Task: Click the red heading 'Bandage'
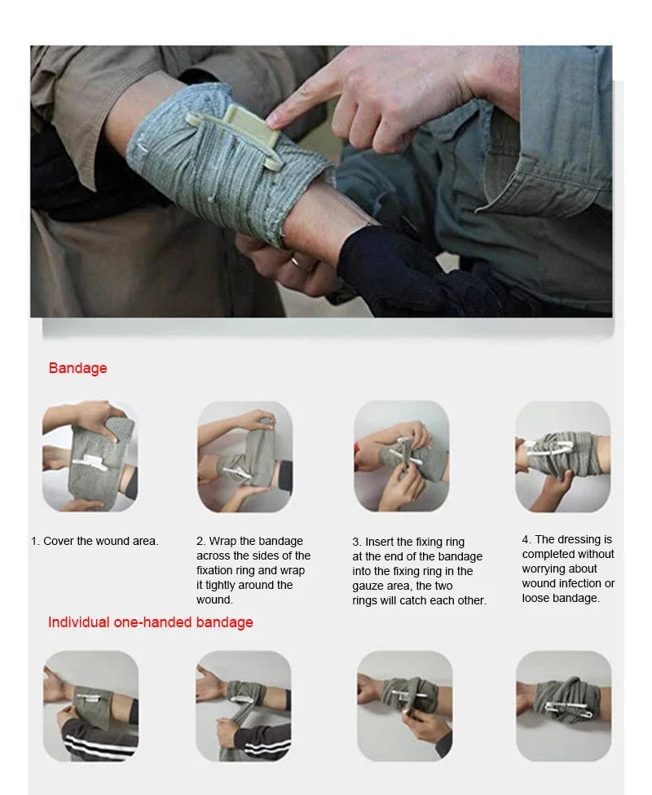click(77, 368)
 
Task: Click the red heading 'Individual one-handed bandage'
click(150, 622)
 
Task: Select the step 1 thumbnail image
click(90, 456)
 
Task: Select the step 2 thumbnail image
click(244, 456)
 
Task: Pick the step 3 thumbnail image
click(401, 456)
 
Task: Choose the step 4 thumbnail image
click(562, 456)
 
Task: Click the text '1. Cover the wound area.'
click(95, 541)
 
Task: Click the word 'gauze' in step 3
click(368, 586)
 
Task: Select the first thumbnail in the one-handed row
click(90, 705)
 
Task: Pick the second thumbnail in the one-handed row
click(244, 705)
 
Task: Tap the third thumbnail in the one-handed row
click(404, 705)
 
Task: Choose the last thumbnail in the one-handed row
click(563, 705)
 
